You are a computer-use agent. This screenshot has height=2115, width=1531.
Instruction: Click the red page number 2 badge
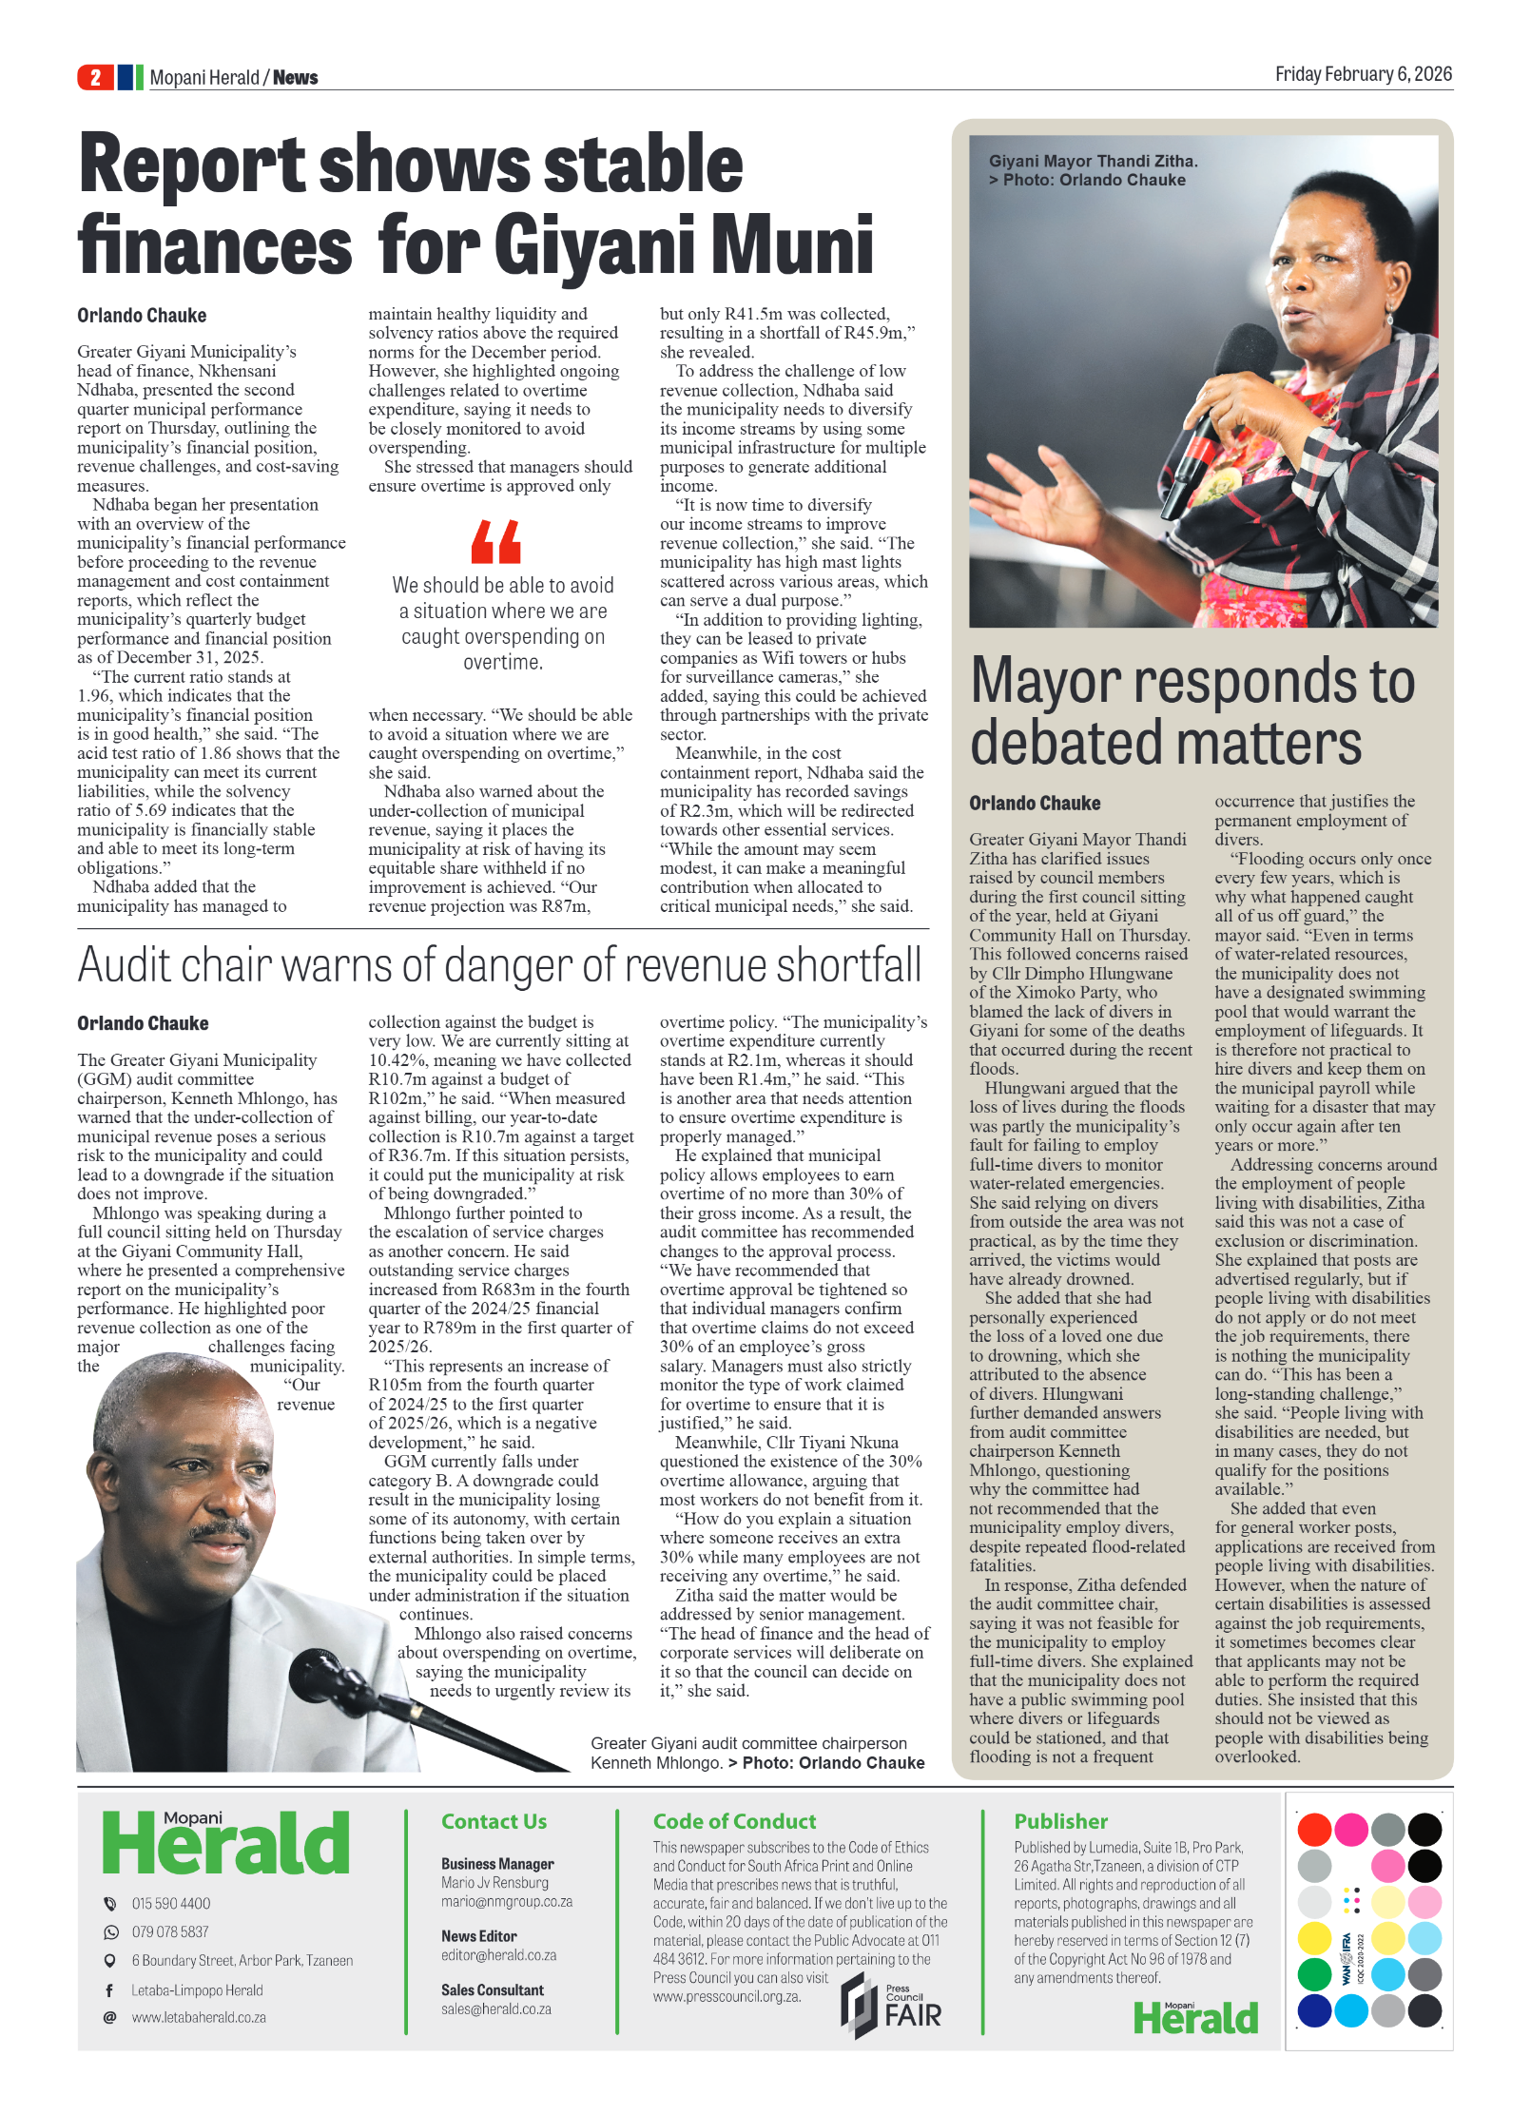pos(95,77)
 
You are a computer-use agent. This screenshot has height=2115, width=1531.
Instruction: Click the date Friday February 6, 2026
pos(1363,74)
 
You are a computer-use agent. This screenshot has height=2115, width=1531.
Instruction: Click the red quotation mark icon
pos(496,542)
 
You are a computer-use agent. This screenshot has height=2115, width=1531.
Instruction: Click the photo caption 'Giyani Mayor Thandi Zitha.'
pos(1093,162)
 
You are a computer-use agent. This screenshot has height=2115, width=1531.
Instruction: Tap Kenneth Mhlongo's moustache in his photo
pos(222,1530)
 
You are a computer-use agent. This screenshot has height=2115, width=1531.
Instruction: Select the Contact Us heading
pos(494,1821)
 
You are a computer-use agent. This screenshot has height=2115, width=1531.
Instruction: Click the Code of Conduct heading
pos(734,1821)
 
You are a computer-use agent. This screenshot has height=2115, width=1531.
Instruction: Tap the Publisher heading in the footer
pos(1060,1821)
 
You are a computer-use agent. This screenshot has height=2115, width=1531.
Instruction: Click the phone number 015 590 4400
pos(171,1903)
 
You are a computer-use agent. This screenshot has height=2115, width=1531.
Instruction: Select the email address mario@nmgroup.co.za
pos(507,1901)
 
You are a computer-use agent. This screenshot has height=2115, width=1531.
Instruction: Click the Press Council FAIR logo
pos(891,2005)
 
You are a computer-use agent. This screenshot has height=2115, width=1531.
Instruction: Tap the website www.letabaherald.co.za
pos(199,2017)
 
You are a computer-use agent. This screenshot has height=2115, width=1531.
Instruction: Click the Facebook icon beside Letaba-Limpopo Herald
pos(109,1989)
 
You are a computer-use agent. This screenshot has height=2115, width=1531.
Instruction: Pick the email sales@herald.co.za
pos(495,2008)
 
